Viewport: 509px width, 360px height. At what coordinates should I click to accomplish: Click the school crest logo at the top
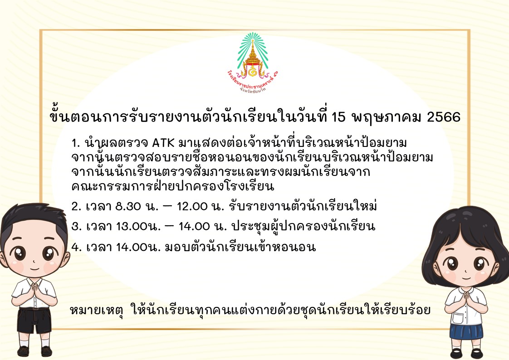[x=253, y=62]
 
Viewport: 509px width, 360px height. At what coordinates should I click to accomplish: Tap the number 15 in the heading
[x=338, y=117]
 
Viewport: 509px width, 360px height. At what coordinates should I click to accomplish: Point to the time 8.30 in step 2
[x=128, y=206]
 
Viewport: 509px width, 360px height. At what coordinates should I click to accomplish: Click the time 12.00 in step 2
[x=192, y=206]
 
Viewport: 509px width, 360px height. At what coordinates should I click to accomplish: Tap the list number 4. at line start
[x=76, y=248]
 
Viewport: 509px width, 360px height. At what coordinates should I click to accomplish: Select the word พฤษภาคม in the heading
[x=387, y=117]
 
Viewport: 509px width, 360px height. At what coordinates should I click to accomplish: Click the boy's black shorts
[x=34, y=321]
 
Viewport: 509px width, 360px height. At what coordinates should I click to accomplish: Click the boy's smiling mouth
[x=35, y=268]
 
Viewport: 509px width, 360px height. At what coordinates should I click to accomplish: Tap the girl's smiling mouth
[x=465, y=278]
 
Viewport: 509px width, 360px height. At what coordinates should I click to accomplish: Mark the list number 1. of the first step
[x=75, y=143]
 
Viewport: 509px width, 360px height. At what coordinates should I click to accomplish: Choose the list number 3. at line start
[x=76, y=226]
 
